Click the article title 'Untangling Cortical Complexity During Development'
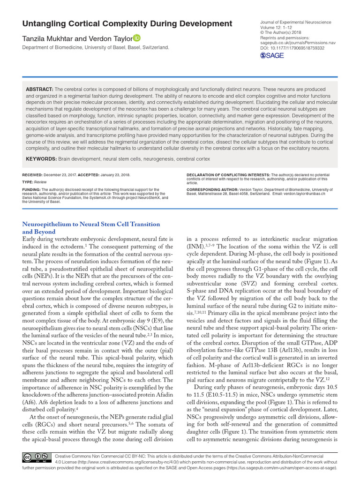[127, 23]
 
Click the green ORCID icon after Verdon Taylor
[137, 38]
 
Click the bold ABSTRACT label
[39, 89]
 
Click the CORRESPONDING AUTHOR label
[213, 190]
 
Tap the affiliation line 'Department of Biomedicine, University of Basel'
[96, 47]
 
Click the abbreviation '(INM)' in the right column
[195, 246]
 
